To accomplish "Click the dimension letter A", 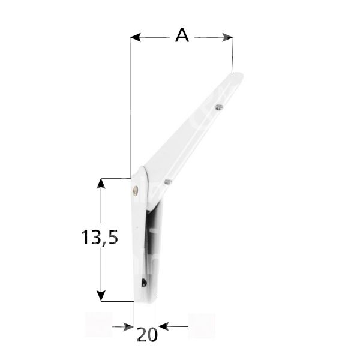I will (182, 35).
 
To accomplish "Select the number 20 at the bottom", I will (146, 334).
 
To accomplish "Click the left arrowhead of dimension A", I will (135, 37).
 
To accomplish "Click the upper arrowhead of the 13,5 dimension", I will (102, 183).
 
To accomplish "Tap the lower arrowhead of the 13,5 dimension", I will (102, 295).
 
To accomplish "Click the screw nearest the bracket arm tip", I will (218, 107).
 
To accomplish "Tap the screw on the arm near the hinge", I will (167, 181).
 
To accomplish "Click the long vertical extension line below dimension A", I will (131, 108).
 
